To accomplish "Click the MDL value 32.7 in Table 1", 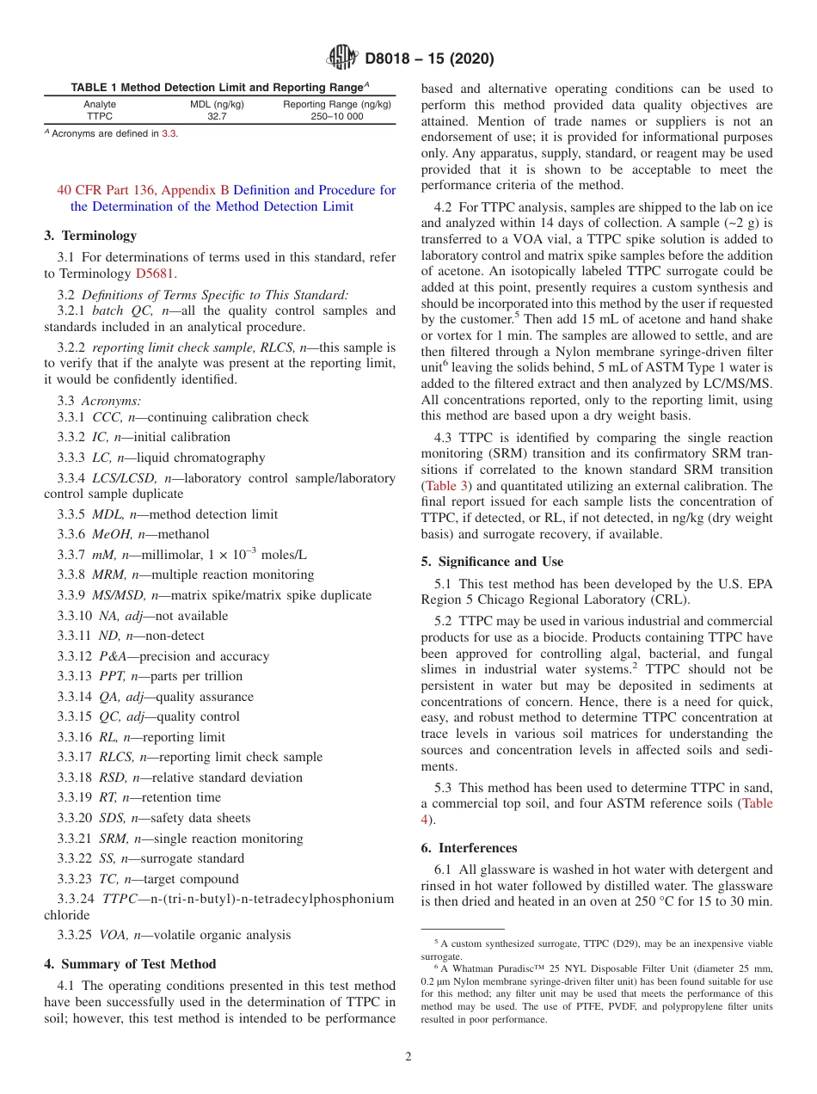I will pos(217,116).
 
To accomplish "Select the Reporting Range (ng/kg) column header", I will pos(337,104).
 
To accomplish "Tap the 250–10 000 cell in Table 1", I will pos(337,116).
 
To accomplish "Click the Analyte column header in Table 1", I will pos(100,104).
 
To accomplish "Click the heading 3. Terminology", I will pos(90,235).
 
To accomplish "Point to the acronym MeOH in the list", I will pos(107,534).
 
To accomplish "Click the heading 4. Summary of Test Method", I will pos(130,963).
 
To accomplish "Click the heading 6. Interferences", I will pos(469,847).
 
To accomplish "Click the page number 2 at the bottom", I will pos(408,1057).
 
